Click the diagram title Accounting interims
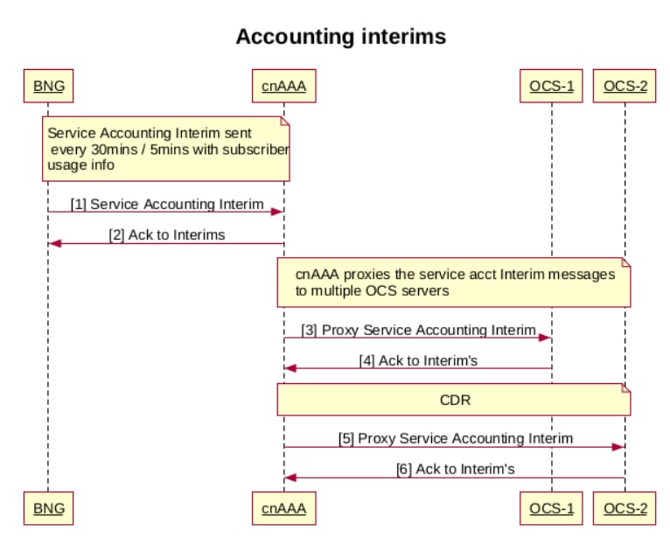point(340,37)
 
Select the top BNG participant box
point(48,86)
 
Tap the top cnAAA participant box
point(283,86)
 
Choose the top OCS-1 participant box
point(551,86)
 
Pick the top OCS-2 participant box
point(624,86)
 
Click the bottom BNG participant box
point(48,507)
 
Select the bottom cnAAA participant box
point(283,507)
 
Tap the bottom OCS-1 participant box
point(551,507)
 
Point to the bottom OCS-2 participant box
point(624,507)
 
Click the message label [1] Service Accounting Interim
point(167,204)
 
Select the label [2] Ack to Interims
point(166,234)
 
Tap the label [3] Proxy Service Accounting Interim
point(418,330)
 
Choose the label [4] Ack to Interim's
point(418,360)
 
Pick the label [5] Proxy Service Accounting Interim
point(455,438)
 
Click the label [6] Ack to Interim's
point(455,469)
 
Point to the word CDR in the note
point(455,399)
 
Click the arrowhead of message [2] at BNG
point(54,243)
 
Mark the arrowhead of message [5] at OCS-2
point(618,447)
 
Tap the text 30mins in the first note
point(114,149)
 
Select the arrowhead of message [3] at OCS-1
point(546,338)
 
